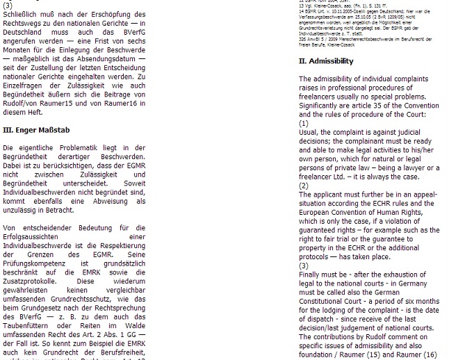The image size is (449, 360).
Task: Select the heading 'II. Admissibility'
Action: (x=326, y=61)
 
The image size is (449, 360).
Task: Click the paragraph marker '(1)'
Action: (x=304, y=123)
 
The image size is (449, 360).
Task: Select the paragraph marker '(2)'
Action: (x=304, y=186)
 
